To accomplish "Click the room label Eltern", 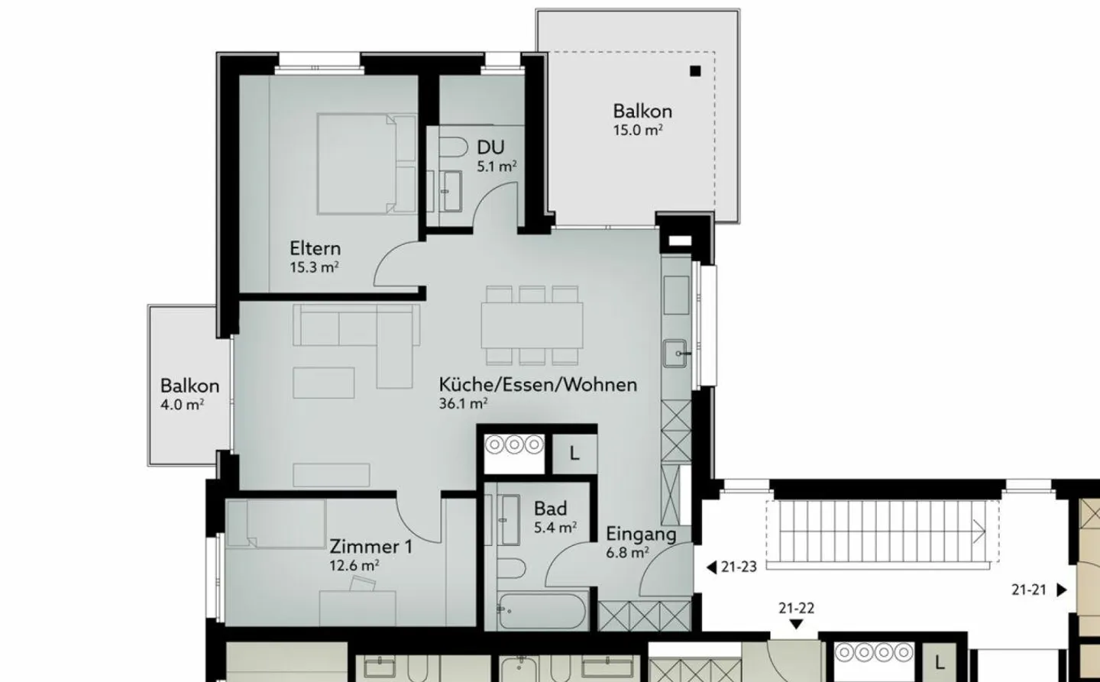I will [315, 249].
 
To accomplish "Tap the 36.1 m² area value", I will [463, 403].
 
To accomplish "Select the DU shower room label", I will [490, 147].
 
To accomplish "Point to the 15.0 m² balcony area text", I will [637, 131].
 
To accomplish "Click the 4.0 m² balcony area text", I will [182, 405].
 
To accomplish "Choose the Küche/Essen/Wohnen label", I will [537, 384].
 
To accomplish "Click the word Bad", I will [550, 509].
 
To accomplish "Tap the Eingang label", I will [641, 534].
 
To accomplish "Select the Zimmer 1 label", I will [370, 547].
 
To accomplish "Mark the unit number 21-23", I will [738, 567].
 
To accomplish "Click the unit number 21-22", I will [796, 609].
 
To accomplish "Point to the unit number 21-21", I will [1029, 590].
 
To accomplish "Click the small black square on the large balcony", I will [694, 72].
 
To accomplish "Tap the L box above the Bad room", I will [574, 454].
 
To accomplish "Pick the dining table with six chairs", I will [532, 325].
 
